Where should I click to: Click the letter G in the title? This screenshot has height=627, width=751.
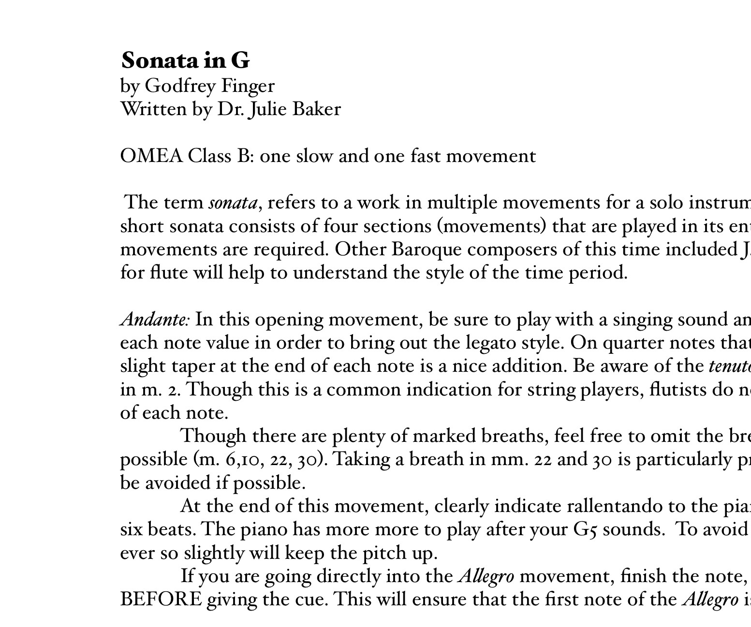pyautogui.click(x=240, y=61)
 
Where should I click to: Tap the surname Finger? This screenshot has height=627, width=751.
pyautogui.click(x=248, y=86)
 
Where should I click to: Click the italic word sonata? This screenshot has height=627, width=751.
pyautogui.click(x=233, y=203)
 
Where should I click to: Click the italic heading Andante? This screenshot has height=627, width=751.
pyautogui.click(x=154, y=320)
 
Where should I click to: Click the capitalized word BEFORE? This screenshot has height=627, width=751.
pyautogui.click(x=161, y=599)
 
